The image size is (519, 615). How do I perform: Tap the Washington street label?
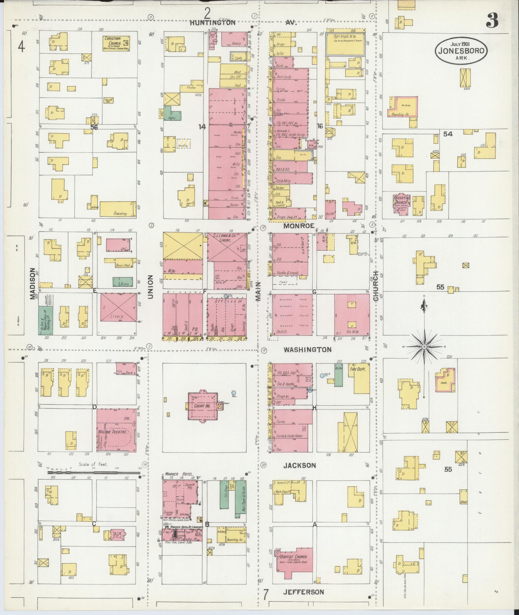(x=308, y=350)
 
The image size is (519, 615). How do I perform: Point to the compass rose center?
(x=424, y=347)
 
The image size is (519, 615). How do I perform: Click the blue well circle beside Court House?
(x=234, y=392)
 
